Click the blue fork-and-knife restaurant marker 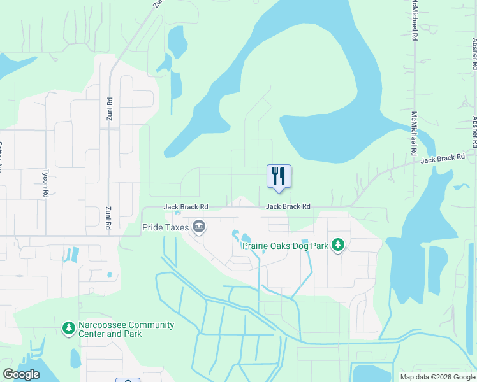tap(279, 176)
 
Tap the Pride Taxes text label tap(165, 227)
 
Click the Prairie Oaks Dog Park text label tap(285, 246)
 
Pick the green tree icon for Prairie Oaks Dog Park tap(338, 245)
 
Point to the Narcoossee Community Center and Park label tap(126, 329)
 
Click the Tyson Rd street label tap(45, 181)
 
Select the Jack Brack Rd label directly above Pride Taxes tap(186, 207)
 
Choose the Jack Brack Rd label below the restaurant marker tap(288, 206)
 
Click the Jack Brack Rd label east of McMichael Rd tap(442, 157)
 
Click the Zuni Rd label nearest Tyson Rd tap(109, 217)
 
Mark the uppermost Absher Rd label tap(474, 51)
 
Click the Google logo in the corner tap(21, 374)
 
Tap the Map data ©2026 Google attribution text tap(437, 377)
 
